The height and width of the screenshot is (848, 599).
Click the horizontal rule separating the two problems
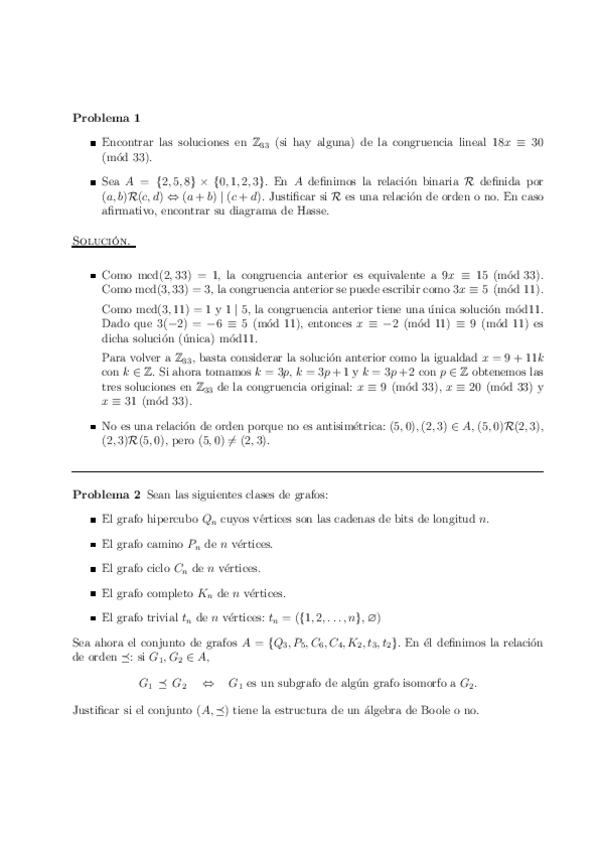(x=309, y=471)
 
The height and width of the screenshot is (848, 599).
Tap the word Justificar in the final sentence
(x=97, y=709)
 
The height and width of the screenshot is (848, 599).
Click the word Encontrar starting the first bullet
(x=128, y=143)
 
